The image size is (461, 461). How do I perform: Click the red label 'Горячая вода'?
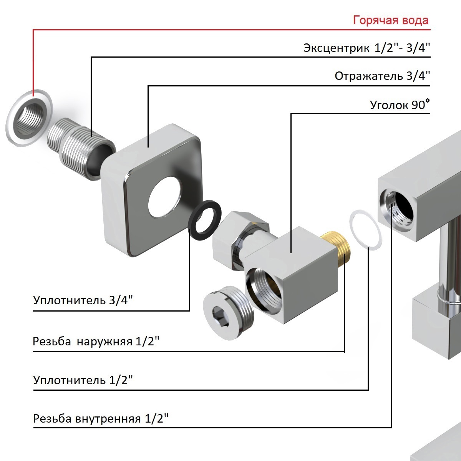coord(391,20)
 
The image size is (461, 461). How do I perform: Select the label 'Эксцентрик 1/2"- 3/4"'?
coord(367,48)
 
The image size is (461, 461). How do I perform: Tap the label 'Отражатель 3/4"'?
coord(382,76)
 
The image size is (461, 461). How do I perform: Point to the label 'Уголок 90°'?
coord(400,104)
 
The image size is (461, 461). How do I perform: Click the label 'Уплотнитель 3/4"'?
coord(83,300)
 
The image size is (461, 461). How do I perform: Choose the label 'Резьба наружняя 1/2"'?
coord(96,341)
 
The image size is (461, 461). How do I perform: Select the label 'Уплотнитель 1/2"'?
coord(83,380)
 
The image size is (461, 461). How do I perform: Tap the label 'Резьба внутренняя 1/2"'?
coord(101,418)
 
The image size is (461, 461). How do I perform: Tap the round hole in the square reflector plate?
coord(164,197)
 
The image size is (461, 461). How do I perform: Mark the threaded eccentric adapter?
coord(81,149)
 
